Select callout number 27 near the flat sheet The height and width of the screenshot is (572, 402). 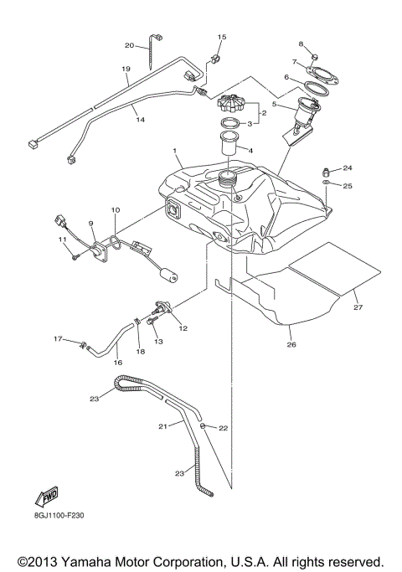358,309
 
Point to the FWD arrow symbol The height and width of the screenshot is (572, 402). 48,494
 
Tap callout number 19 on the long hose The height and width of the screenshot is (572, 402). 126,70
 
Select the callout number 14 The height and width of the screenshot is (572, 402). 141,121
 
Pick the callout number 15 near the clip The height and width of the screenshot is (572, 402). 222,38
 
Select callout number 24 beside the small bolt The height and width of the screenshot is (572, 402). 348,167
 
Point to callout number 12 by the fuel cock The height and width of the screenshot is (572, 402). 183,328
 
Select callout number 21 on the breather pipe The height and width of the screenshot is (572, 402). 163,426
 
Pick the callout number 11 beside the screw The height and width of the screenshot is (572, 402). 62,240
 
